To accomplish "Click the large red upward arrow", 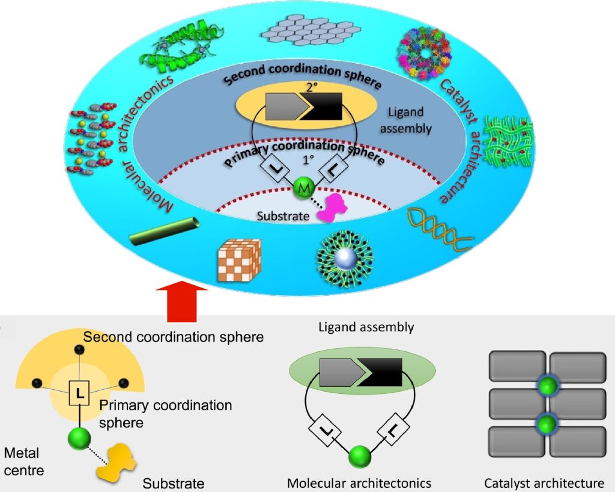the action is (181, 301).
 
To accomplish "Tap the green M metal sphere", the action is (304, 188).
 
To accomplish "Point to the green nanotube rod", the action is (165, 232).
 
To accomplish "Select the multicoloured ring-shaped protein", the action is (425, 53).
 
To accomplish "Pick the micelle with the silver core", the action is (345, 259).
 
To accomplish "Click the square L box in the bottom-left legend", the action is (80, 393).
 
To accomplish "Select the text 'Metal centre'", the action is (24, 462).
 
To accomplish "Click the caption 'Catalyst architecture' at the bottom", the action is (544, 483).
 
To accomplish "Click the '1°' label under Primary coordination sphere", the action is (308, 160).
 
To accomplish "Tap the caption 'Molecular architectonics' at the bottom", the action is (359, 483).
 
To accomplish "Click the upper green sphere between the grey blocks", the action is (548, 386).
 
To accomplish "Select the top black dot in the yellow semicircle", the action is (80, 349).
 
